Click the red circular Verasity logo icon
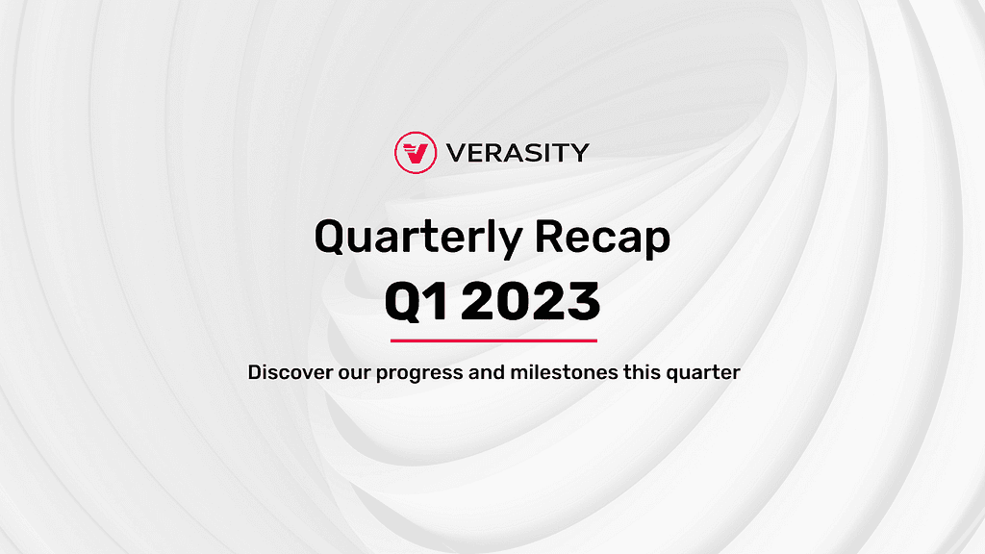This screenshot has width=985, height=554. [416, 153]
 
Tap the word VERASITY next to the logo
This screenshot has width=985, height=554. [518, 153]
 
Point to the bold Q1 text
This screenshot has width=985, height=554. [417, 301]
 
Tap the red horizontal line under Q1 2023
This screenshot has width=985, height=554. [493, 340]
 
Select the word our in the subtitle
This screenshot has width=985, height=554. [354, 374]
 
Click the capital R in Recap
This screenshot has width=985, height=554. [548, 237]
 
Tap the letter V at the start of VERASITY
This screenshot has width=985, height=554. [457, 153]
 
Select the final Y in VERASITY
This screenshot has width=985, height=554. [579, 153]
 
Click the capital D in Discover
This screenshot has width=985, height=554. [254, 372]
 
